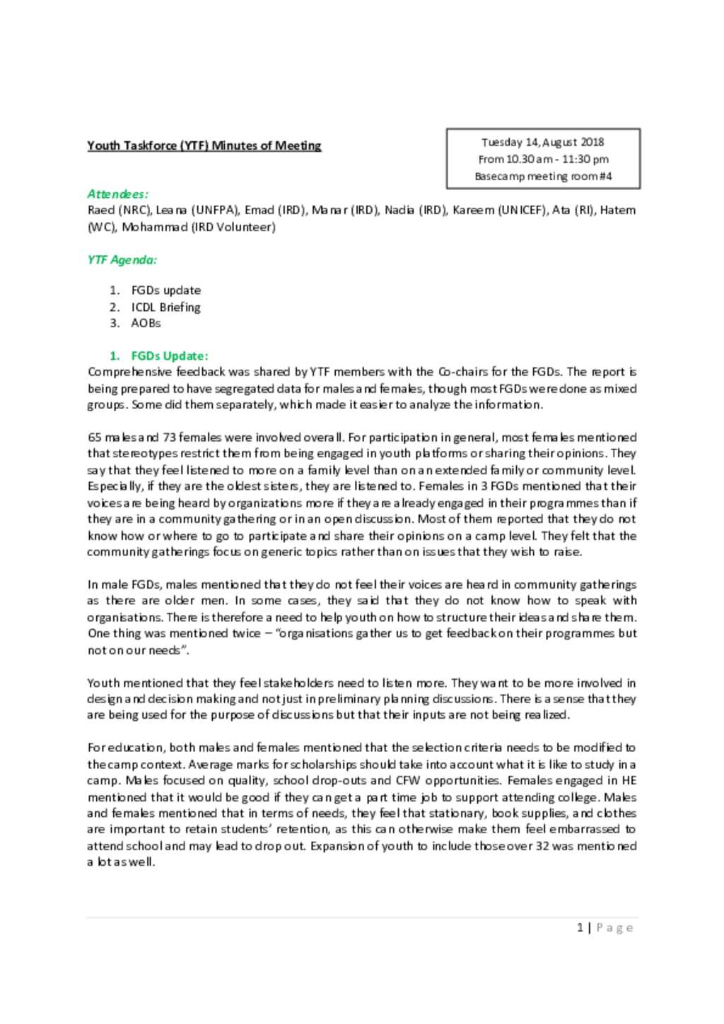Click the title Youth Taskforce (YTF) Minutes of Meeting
[x=204, y=146]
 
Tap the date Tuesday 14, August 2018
[x=542, y=142]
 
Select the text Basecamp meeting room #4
[x=542, y=176]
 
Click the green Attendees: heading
[x=117, y=194]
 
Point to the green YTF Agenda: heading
[x=122, y=259]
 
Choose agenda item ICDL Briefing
[x=165, y=307]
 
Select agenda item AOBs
[x=146, y=323]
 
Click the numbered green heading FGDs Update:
[x=169, y=355]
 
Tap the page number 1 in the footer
[x=580, y=927]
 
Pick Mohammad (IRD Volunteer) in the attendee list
[x=199, y=227]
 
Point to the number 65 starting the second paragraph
[x=94, y=437]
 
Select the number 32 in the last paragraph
[x=542, y=846]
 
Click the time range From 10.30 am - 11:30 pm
[x=542, y=159]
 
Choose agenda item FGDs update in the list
[x=165, y=290]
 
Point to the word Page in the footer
[x=614, y=927]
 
